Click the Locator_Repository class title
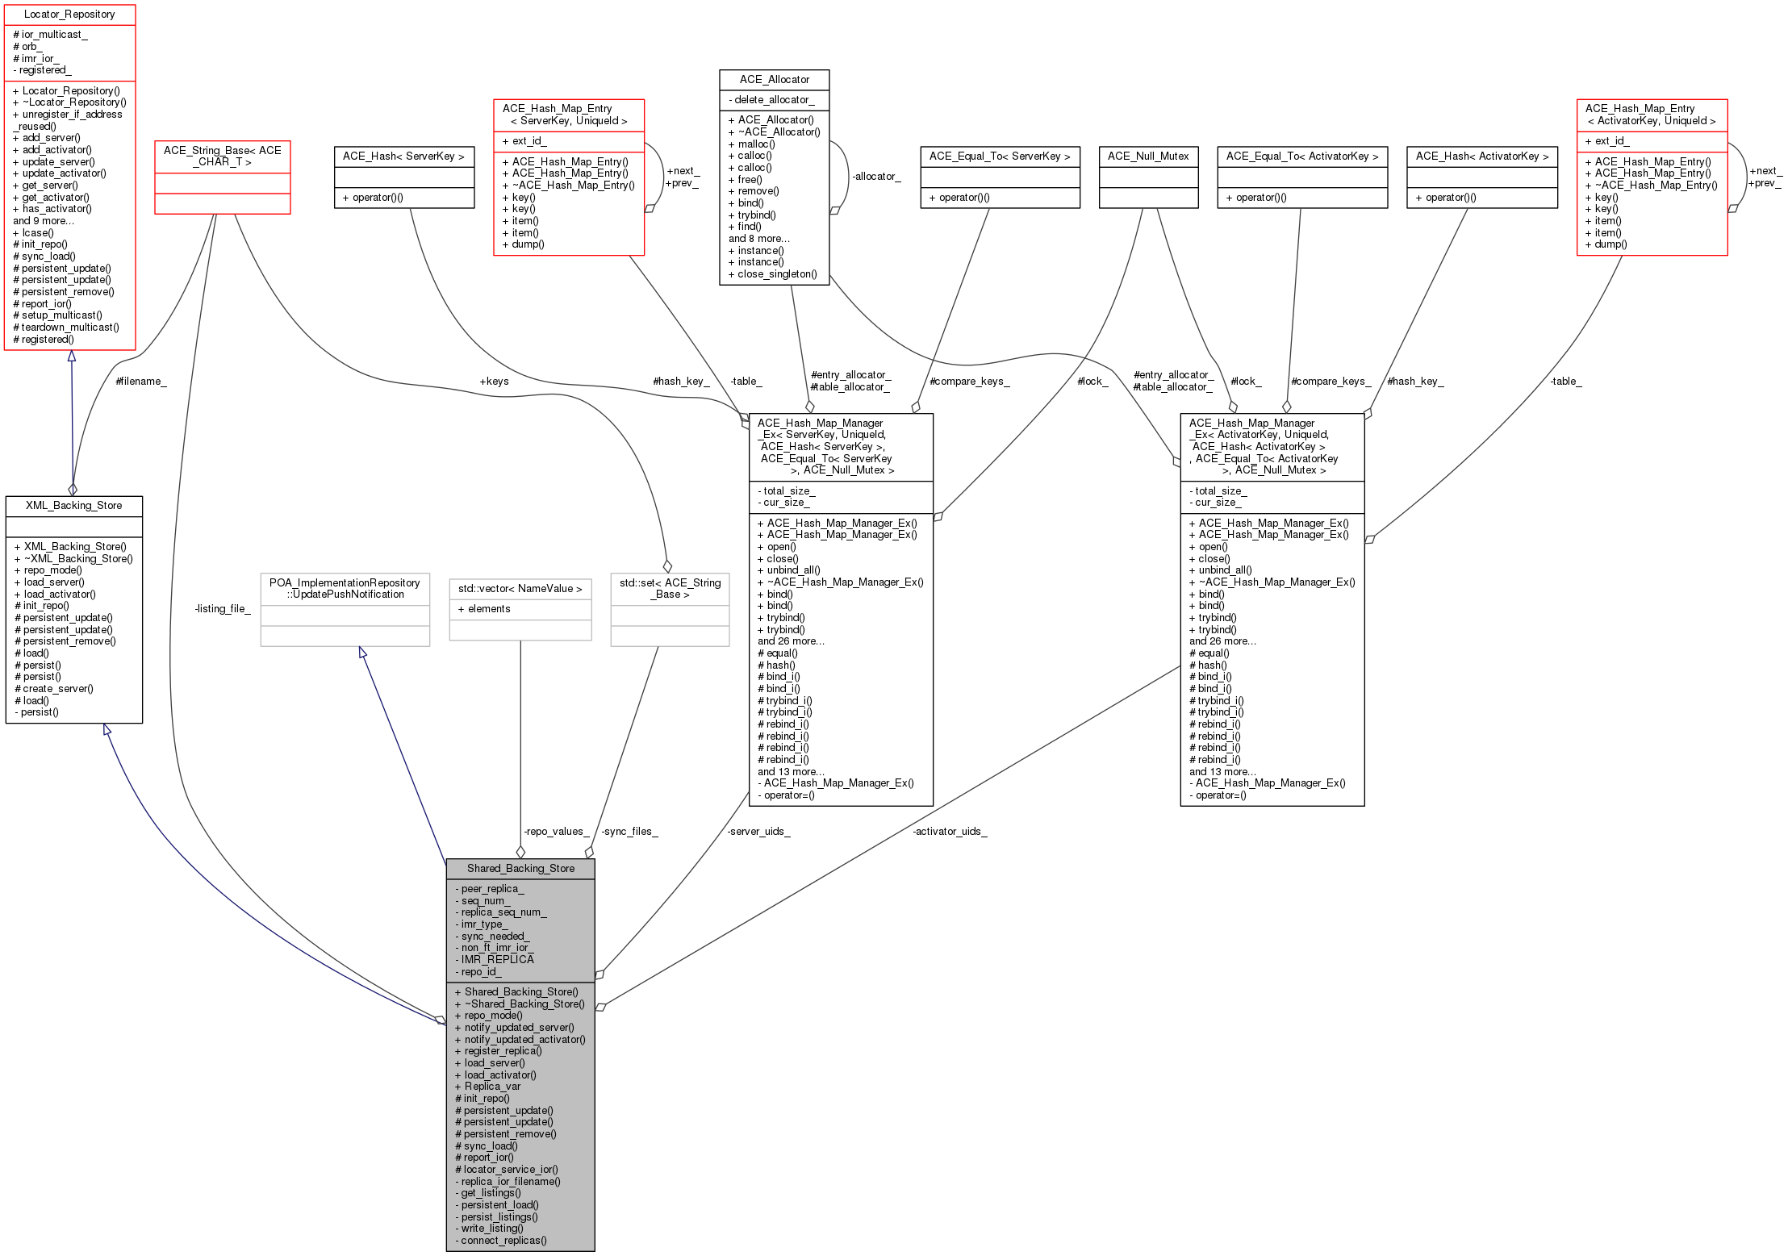(x=69, y=15)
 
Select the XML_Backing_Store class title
(x=73, y=506)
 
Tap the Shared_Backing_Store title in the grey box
(x=520, y=869)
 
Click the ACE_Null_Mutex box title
(x=1148, y=156)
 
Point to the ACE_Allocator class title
(x=774, y=80)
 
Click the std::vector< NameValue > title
(x=520, y=589)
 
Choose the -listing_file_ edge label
(x=223, y=609)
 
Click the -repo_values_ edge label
(x=556, y=832)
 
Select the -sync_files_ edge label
(x=629, y=832)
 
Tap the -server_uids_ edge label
(x=758, y=832)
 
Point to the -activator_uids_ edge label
(x=950, y=832)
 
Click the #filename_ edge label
(x=141, y=382)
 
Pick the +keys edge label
(x=494, y=382)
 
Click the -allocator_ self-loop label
(x=876, y=177)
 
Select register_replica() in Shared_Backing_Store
(x=503, y=1051)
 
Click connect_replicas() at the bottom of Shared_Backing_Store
(x=503, y=1241)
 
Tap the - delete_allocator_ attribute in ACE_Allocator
(x=774, y=100)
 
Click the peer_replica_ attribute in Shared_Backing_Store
(x=492, y=889)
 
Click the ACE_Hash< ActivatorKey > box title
(x=1481, y=156)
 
